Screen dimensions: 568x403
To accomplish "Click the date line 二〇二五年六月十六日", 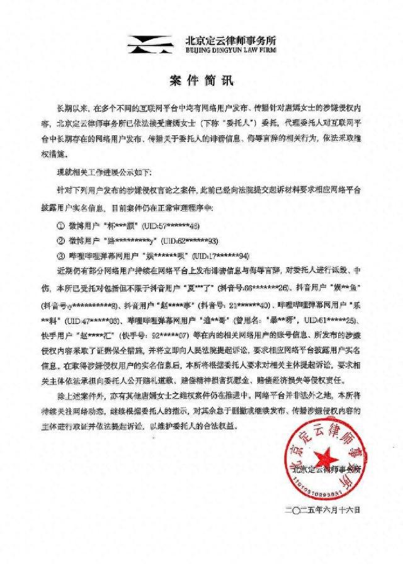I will [326, 507].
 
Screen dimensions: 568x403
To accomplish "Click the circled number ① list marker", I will [60, 225].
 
